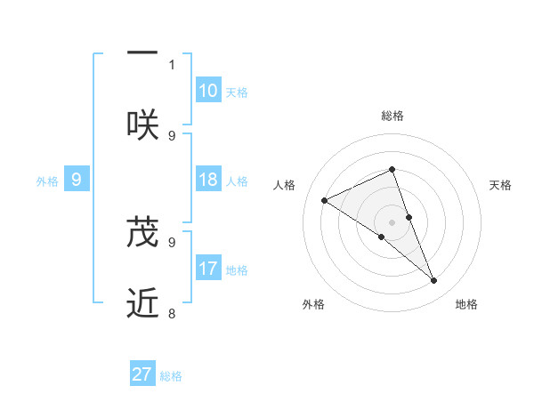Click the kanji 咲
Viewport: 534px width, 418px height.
(142, 123)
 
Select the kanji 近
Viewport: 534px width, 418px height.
(142, 303)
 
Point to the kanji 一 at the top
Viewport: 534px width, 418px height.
(142, 52)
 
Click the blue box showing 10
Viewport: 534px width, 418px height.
(208, 90)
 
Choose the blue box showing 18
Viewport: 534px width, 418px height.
(208, 179)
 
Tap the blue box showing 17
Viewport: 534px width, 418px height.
(208, 268)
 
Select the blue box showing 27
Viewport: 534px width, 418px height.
(142, 374)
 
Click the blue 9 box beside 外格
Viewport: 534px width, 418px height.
(77, 180)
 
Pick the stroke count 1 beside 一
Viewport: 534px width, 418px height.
(172, 64)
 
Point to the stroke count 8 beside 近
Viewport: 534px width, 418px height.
(172, 313)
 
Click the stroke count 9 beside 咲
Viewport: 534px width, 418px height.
(172, 135)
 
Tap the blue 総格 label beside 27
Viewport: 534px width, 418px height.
(171, 375)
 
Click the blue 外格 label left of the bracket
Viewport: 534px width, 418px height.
(47, 181)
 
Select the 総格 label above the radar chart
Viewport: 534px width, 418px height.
(392, 116)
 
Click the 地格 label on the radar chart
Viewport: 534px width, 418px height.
(466, 305)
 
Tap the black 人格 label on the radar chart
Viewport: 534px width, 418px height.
(285, 185)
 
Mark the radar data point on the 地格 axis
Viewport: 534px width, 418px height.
(434, 281)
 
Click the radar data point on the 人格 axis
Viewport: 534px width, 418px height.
(324, 200)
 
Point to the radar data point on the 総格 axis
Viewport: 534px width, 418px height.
(392, 169)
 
